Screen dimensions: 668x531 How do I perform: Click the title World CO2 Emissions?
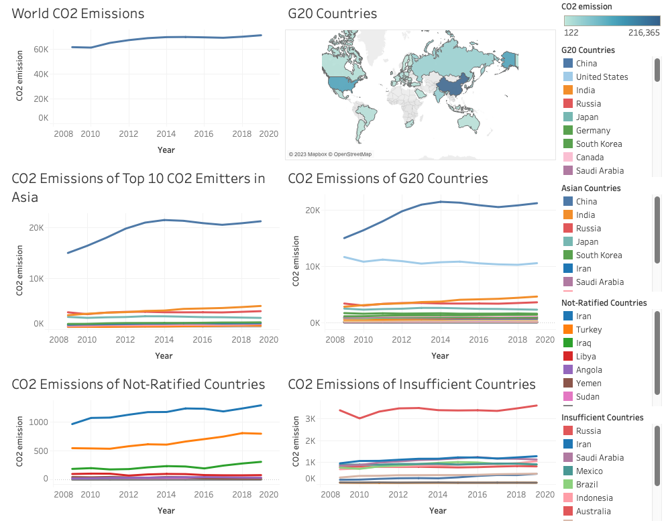tap(78, 13)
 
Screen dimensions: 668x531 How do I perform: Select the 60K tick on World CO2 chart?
tap(41, 50)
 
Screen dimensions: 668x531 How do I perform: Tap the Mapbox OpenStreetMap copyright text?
tap(330, 154)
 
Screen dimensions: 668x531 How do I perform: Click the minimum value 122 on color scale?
tap(571, 33)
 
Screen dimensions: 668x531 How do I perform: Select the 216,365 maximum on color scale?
tap(644, 33)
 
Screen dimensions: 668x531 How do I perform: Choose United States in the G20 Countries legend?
tap(602, 77)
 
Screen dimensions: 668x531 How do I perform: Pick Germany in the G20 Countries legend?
tap(593, 131)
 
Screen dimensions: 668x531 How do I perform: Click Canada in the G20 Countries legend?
tap(590, 158)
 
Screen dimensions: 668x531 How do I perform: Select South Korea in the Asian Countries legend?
tap(599, 255)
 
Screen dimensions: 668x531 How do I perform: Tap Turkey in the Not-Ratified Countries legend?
tap(589, 330)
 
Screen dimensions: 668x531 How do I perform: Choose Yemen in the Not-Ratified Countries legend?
tap(589, 383)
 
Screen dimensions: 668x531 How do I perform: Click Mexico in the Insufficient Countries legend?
tap(589, 471)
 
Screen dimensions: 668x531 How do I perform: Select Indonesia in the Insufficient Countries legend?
tap(594, 498)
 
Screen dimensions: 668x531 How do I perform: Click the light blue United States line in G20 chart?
tap(441, 262)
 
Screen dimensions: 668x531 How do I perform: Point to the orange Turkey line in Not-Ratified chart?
tap(166, 444)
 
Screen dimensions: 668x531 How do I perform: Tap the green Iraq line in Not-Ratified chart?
tap(166, 466)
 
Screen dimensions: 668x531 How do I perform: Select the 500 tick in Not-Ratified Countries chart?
tap(41, 451)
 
